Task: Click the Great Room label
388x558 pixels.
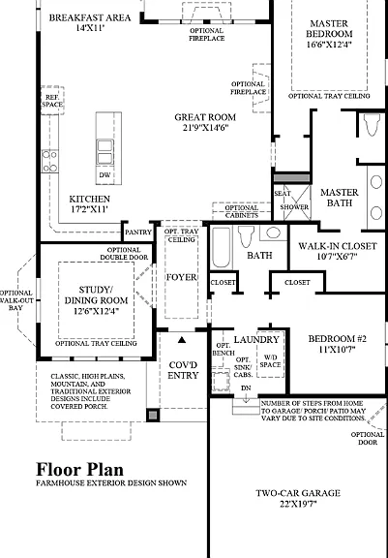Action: (205, 117)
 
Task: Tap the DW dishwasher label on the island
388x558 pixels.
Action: (104, 174)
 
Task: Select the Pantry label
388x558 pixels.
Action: (138, 232)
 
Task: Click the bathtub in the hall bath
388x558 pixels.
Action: (221, 248)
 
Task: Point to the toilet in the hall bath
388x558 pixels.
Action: (246, 236)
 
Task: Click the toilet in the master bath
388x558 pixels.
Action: (372, 125)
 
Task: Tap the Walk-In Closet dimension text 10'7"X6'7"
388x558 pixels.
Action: (337, 256)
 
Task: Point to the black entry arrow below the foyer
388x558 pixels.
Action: (182, 340)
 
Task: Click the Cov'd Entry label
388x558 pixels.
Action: (183, 370)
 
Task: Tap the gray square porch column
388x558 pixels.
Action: (153, 415)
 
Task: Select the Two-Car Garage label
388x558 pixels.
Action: (298, 493)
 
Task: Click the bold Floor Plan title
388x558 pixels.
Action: (80, 470)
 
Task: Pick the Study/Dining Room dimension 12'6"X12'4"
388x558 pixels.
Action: (96, 311)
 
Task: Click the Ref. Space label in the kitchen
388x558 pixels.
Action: (52, 101)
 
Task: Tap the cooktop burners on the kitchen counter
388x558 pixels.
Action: (49, 161)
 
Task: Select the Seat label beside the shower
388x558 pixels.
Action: (283, 193)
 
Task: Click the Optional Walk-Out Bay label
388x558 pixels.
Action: (15, 300)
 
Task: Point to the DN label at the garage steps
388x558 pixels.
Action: (246, 388)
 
